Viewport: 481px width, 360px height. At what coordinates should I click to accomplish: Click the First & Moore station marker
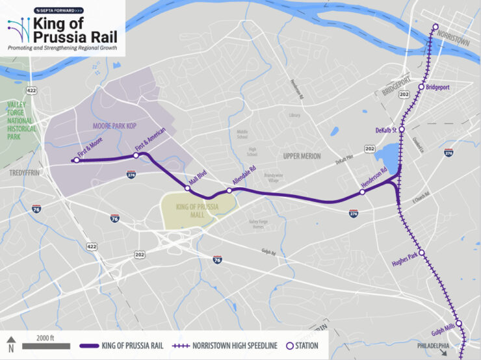(x=77, y=160)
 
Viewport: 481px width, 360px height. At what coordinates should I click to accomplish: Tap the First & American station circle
(x=136, y=155)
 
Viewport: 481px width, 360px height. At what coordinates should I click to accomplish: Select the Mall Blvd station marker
(x=187, y=188)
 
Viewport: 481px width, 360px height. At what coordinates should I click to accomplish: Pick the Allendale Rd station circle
(x=229, y=190)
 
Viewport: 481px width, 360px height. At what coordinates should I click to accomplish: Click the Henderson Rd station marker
(x=362, y=192)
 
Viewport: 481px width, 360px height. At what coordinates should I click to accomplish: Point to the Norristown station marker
(x=435, y=27)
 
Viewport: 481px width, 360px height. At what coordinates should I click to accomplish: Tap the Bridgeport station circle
(x=421, y=86)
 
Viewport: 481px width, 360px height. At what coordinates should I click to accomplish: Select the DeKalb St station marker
(x=402, y=129)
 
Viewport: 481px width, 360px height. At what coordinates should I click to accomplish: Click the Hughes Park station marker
(x=421, y=253)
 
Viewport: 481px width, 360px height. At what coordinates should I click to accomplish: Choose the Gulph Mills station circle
(x=458, y=323)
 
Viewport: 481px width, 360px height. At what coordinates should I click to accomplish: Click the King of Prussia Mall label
(x=198, y=211)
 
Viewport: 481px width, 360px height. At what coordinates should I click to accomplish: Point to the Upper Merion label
(x=302, y=156)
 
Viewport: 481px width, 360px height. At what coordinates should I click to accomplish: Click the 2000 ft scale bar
(x=46, y=346)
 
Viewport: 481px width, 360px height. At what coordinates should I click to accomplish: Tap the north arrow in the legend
(x=10, y=344)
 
